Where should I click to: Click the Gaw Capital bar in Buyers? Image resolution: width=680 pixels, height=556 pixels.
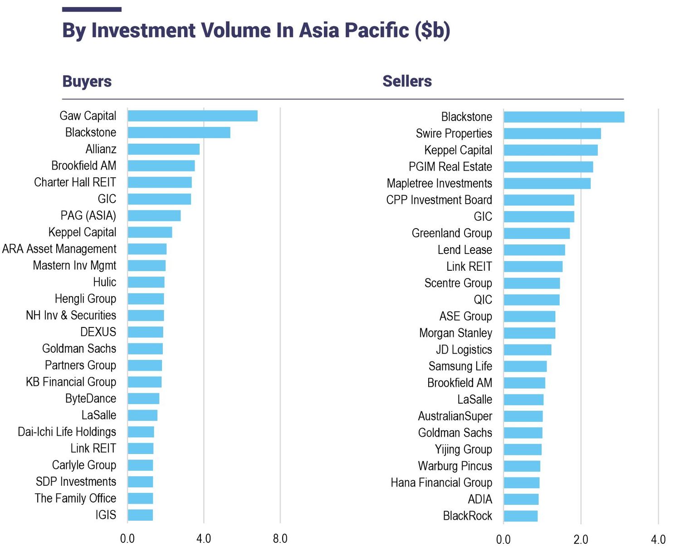(192, 116)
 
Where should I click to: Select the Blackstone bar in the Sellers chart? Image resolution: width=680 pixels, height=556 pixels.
(563, 117)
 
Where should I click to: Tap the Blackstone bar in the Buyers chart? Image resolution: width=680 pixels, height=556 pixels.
(179, 132)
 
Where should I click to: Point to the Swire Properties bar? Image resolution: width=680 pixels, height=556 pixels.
(552, 134)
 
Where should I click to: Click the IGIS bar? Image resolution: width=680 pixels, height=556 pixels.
(140, 515)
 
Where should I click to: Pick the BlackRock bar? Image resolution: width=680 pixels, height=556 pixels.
(520, 516)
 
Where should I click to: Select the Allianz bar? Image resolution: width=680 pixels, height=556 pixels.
(163, 149)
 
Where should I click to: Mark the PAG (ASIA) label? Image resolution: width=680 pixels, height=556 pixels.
(88, 215)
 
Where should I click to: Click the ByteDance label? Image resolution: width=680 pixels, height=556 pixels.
(91, 399)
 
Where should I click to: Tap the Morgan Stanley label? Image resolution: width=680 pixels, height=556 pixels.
(455, 333)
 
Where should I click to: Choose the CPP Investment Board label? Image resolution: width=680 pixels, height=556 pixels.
(439, 200)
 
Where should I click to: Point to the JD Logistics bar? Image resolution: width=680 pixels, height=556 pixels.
(527, 350)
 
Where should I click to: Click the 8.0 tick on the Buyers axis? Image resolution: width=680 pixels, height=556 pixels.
(280, 539)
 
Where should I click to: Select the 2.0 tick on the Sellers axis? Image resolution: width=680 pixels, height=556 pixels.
(581, 540)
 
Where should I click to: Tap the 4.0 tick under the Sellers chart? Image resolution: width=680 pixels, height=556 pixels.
(658, 540)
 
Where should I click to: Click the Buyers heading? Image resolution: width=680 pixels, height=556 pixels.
(87, 82)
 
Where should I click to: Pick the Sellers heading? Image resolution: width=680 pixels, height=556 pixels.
(407, 81)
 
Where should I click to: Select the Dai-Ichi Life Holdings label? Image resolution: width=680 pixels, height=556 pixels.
(67, 432)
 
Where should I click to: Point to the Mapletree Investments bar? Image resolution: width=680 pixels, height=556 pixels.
(547, 184)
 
